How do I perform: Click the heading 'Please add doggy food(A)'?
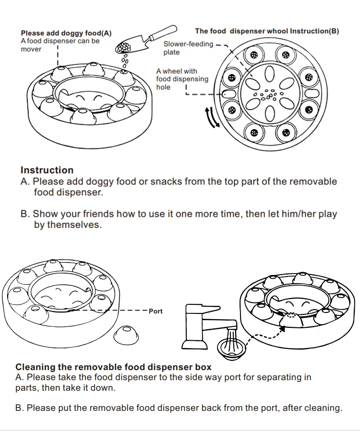point(66,33)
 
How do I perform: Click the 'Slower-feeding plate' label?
point(188,48)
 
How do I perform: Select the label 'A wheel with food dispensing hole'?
point(182,79)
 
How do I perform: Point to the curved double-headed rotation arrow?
point(212,118)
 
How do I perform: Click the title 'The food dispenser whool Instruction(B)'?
point(267,31)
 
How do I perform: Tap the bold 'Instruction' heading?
point(47,170)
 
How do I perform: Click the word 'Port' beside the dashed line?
point(156,311)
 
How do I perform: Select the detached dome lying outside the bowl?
point(126,335)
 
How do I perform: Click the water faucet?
point(203,326)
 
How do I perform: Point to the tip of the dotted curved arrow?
point(285,327)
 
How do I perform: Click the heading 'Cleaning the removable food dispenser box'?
point(113,367)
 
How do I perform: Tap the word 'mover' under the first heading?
point(31,49)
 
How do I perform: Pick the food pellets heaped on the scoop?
point(123,48)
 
